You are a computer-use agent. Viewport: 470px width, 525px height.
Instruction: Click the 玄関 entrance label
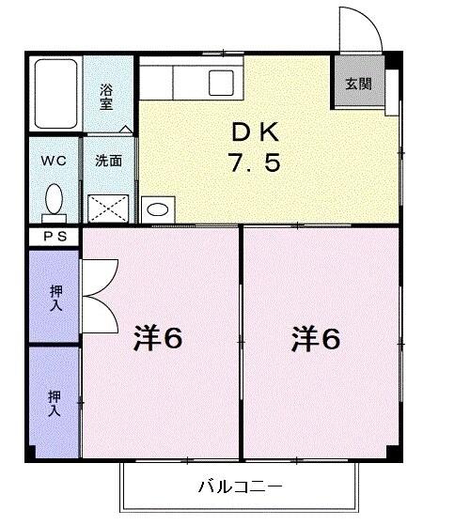pyautogui.click(x=357, y=84)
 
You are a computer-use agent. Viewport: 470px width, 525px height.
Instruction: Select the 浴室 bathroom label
pyautogui.click(x=107, y=96)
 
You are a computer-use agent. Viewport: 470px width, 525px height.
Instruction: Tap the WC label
pyautogui.click(x=53, y=160)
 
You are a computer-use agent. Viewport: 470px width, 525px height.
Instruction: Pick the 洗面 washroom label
pyautogui.click(x=108, y=161)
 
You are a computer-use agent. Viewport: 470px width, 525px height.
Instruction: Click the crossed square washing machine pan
pyautogui.click(x=107, y=207)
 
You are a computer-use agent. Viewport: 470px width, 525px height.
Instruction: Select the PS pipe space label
pyautogui.click(x=54, y=238)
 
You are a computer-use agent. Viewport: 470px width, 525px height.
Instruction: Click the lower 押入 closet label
pyautogui.click(x=55, y=403)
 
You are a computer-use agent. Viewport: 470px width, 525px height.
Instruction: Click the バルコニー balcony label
pyautogui.click(x=240, y=486)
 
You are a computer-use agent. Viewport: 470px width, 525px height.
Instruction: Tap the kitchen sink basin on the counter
pyautogui.click(x=223, y=80)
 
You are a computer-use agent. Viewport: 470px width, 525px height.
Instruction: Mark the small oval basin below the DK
pyautogui.click(x=159, y=209)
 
